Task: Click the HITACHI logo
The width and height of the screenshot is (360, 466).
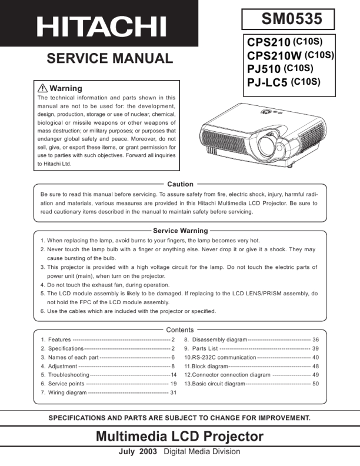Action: [101, 25]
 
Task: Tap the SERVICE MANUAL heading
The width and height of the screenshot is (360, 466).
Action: [109, 58]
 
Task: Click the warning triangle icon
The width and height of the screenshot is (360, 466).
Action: [42, 88]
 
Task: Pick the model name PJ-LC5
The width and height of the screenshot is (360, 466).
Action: [267, 83]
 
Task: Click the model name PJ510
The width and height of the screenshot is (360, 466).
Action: [264, 70]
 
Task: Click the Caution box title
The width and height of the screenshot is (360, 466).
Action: [180, 184]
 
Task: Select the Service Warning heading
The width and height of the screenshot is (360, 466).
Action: [180, 231]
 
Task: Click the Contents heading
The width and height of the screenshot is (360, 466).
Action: [180, 330]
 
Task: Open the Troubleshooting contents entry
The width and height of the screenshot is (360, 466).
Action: [65, 375]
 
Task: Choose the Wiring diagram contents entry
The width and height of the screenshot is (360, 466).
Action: [67, 392]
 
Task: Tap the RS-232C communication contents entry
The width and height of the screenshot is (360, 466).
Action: [220, 357]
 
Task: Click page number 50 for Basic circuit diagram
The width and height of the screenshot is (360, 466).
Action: [315, 384]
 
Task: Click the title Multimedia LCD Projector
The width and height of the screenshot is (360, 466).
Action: [179, 437]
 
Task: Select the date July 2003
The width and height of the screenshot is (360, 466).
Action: [138, 452]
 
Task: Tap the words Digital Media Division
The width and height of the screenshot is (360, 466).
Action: [202, 452]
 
